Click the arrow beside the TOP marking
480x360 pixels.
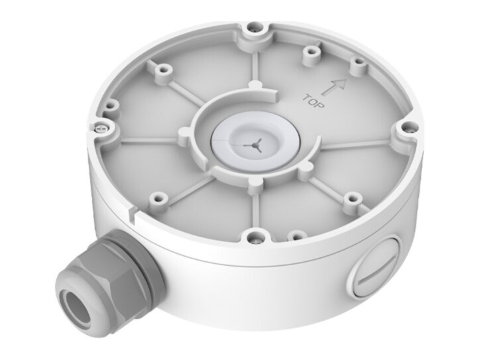coord(334,87)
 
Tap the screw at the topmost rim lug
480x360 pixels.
coord(255,29)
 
